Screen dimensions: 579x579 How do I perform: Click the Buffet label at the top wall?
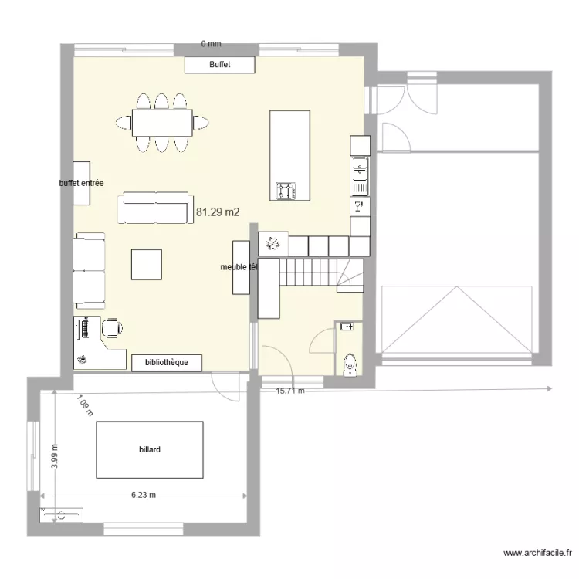pyautogui.click(x=219, y=65)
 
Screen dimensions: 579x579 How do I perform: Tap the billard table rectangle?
pyautogui.click(x=149, y=449)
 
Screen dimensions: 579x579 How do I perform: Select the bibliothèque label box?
pyautogui.click(x=167, y=362)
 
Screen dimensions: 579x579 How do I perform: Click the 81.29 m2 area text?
pyautogui.click(x=218, y=212)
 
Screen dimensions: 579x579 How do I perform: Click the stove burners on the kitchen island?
pyautogui.click(x=287, y=190)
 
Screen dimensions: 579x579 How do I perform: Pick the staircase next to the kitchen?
pyautogui.click(x=320, y=275)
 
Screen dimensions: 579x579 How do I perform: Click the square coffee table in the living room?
pyautogui.click(x=147, y=263)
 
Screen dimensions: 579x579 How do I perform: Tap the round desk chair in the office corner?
pyautogui.click(x=112, y=328)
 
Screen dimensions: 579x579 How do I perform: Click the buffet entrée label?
pyautogui.click(x=82, y=184)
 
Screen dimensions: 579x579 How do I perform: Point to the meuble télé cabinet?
pyautogui.click(x=242, y=267)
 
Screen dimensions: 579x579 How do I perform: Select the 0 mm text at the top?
pyautogui.click(x=211, y=45)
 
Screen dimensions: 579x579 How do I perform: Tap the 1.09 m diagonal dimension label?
pyautogui.click(x=84, y=407)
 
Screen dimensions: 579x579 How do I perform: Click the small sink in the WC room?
pyautogui.click(x=347, y=327)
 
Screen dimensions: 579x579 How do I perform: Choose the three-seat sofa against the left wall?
pyautogui.click(x=90, y=271)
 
